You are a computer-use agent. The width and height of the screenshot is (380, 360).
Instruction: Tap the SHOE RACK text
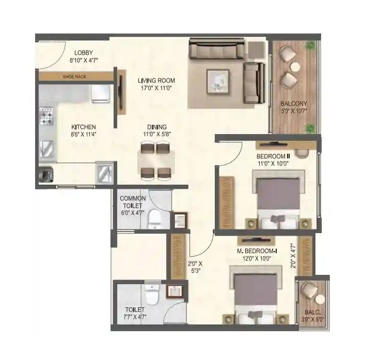coord(74,77)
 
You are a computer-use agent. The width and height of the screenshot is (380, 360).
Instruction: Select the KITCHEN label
coord(84,127)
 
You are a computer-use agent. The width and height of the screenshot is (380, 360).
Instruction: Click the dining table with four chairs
coord(156,160)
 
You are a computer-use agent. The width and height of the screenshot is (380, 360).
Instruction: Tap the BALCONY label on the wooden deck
coord(291,102)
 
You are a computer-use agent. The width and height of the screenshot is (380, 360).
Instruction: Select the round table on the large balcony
coord(296,67)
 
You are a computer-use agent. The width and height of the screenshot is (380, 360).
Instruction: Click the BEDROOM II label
coord(273,156)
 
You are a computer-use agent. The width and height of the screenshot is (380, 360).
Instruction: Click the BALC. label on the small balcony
coord(311,312)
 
